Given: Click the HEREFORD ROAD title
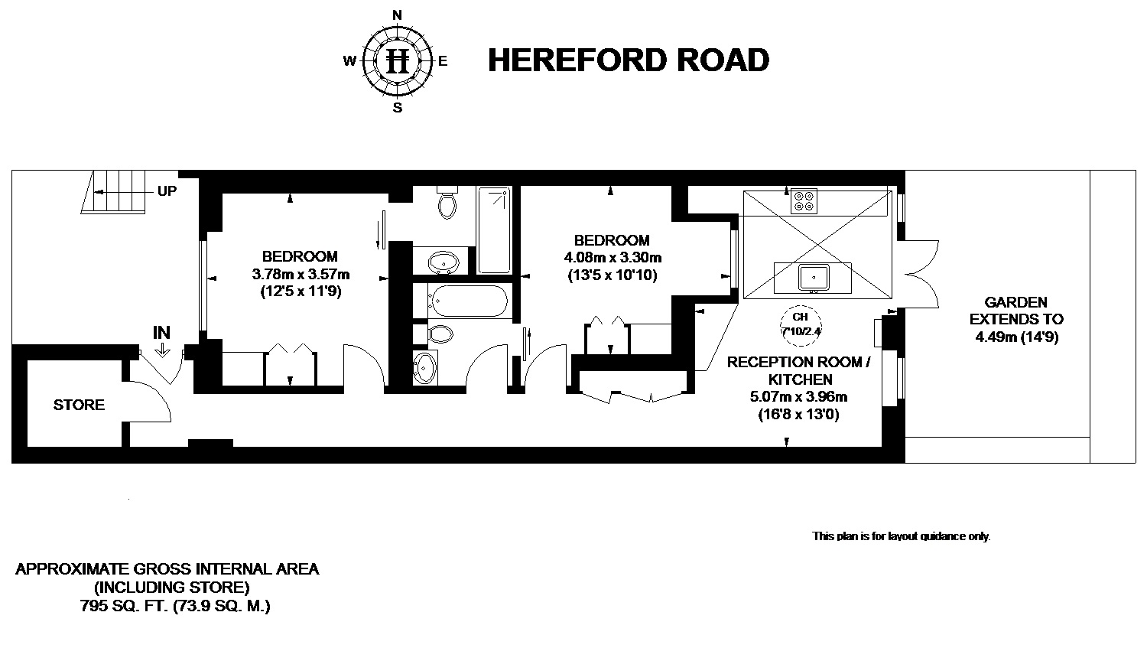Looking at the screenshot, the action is [629, 60].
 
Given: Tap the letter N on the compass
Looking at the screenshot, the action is [397, 15].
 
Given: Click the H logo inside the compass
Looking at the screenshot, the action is [398, 61].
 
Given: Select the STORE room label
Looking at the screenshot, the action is [79, 405].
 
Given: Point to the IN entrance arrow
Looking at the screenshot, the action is [162, 350].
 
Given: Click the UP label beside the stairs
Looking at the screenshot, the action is [167, 191].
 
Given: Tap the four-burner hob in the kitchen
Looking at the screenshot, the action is [804, 201].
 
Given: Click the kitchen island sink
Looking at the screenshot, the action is [813, 278].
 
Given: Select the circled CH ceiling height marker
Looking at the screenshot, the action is [801, 324].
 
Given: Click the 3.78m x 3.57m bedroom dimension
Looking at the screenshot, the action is [301, 274].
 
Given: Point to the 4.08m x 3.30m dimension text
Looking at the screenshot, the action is [612, 257].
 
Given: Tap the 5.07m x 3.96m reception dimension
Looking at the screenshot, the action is [798, 396].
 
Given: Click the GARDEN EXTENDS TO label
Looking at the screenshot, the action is [1016, 311].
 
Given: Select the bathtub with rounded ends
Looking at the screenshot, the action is [467, 301].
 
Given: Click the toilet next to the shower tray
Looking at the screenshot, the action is [447, 202].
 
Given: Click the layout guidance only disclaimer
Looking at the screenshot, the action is [902, 536].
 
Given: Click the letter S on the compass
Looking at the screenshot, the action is [398, 108].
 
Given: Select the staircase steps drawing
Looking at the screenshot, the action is [114, 192].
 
